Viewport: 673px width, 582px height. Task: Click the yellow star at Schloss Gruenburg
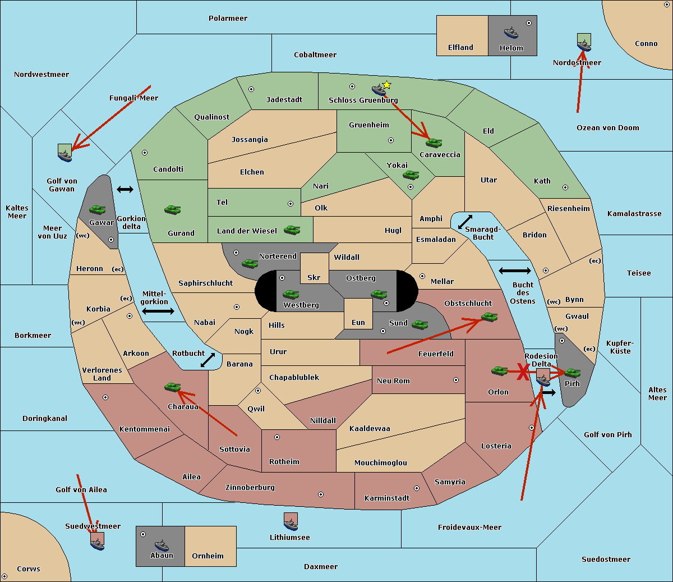(386, 85)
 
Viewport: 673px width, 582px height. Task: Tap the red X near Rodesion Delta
(523, 372)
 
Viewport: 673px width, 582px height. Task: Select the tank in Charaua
(172, 387)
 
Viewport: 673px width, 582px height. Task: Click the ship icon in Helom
(511, 32)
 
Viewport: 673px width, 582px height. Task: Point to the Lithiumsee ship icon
(291, 521)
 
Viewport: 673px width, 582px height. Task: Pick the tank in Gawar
(97, 209)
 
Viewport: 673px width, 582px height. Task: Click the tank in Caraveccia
(434, 143)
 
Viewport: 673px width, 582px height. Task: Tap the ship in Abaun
(161, 545)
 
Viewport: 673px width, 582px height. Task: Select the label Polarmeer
(228, 19)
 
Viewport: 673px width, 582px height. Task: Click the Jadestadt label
(284, 100)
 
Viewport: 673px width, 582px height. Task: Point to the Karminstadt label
(387, 498)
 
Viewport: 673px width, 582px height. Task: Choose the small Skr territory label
(314, 278)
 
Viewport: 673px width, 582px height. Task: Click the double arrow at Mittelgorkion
(158, 311)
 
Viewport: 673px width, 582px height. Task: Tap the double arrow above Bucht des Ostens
(514, 271)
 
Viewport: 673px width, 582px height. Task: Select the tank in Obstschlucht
(490, 317)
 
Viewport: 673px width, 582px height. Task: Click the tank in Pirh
(572, 373)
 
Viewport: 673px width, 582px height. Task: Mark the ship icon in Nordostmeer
(584, 43)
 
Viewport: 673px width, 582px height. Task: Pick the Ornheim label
(208, 556)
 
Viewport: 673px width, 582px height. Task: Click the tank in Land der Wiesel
(292, 230)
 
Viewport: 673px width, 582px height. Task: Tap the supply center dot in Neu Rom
(456, 380)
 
